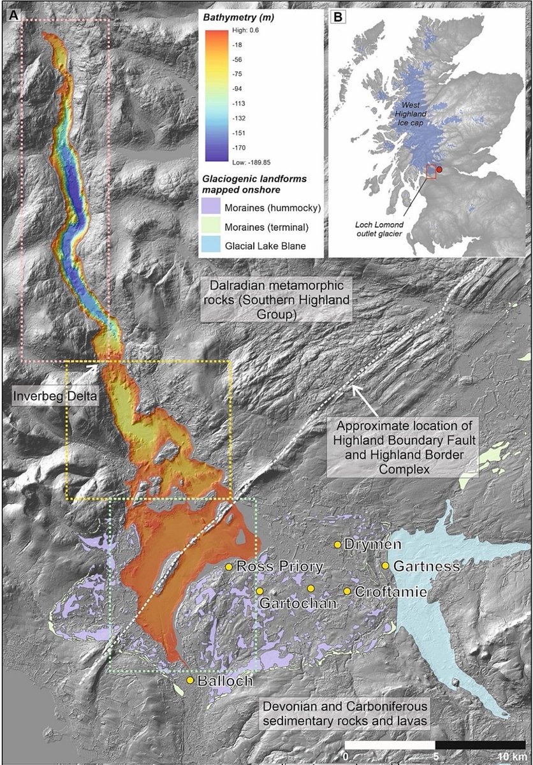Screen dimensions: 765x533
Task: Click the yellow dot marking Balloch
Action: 190,681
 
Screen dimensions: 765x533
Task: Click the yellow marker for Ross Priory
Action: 229,566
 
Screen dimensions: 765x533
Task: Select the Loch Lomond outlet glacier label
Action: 380,229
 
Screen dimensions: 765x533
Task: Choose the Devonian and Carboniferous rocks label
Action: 344,713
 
